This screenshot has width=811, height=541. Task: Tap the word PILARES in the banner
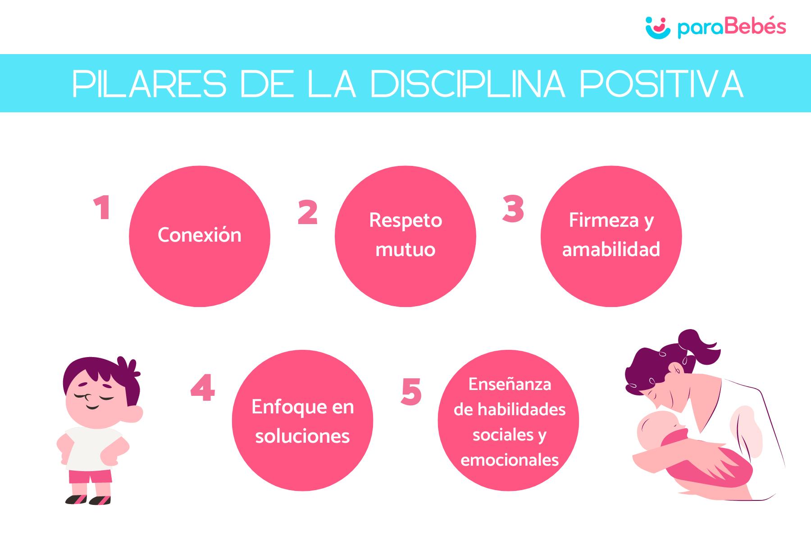coord(149,84)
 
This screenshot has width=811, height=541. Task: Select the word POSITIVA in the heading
coord(661,84)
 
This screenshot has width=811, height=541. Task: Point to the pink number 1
coord(103,209)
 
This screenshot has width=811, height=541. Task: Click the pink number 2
coord(308,212)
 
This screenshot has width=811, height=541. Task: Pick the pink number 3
coord(513,209)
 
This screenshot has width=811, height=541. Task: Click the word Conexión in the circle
coord(199,235)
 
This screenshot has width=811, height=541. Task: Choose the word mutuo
coord(405,249)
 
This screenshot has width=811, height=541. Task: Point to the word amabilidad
coord(611,249)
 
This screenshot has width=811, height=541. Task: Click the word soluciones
coord(302,436)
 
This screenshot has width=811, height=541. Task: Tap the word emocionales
coord(510,460)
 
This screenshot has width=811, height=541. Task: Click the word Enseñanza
coord(510,384)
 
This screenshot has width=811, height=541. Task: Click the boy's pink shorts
coord(90,477)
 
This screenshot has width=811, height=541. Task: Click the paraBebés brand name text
coord(732,28)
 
